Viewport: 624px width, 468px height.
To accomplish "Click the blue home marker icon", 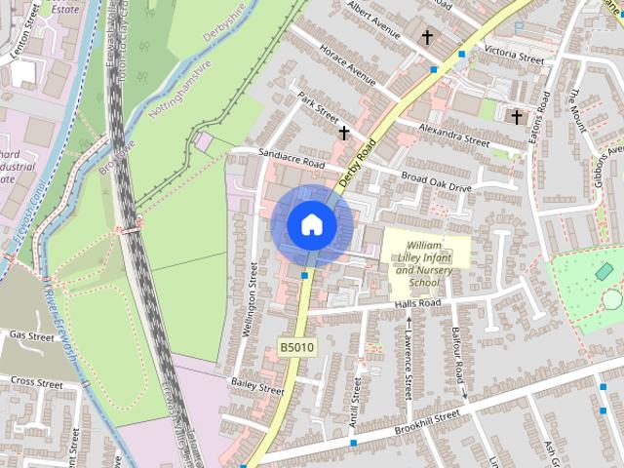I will coord(311,224).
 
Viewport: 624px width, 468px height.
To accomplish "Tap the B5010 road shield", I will coord(297,346).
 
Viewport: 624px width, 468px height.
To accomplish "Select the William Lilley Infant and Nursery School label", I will coord(424,262).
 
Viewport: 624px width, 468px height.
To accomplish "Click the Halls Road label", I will coord(417,304).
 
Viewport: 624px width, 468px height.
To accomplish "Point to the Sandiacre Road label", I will coord(291,159).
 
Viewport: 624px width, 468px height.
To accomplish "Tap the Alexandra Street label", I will coord(454,136).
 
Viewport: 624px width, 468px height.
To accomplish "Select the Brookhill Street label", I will coord(426,423).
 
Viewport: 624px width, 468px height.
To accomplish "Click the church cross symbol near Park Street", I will coord(343,132).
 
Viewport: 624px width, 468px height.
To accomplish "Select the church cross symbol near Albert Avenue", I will coord(426,37).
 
